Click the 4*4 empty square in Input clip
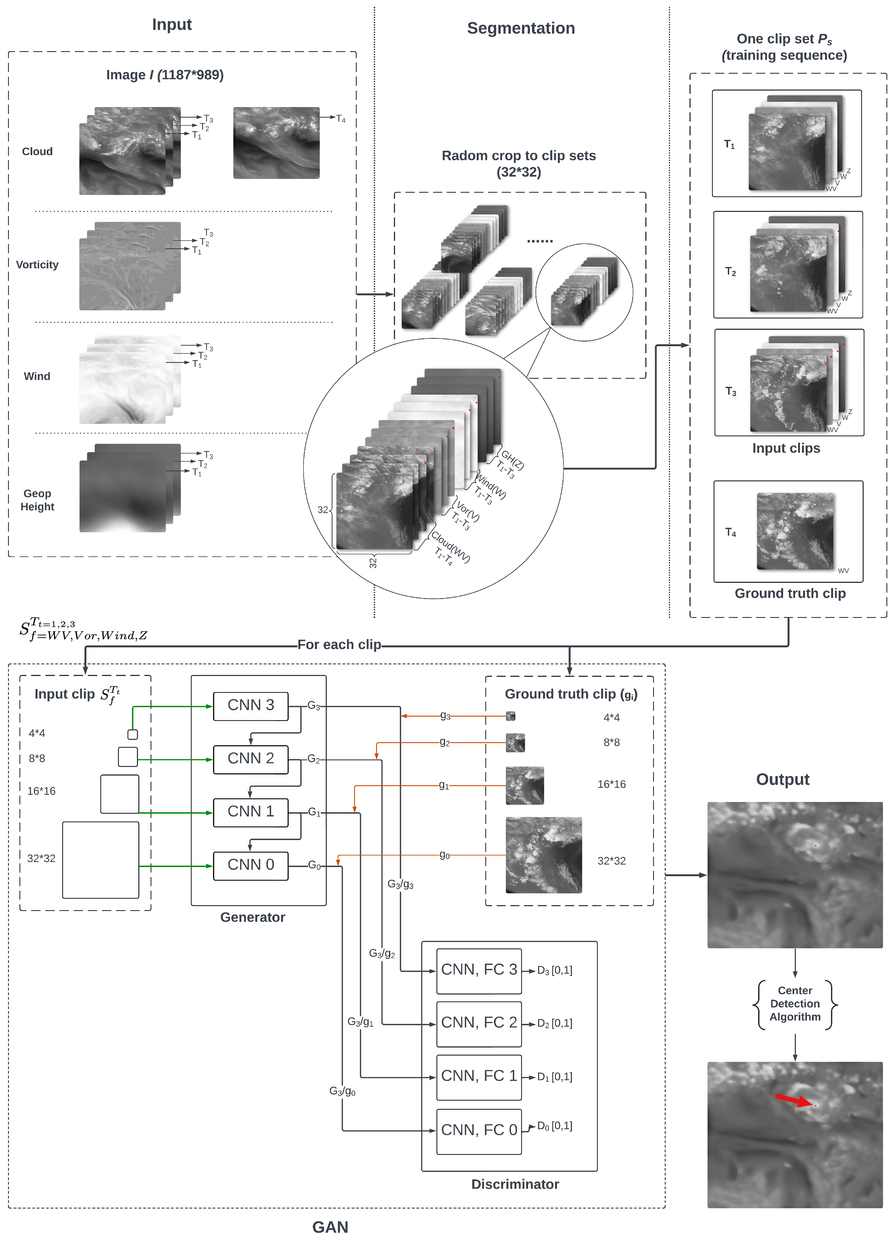click(x=133, y=734)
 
